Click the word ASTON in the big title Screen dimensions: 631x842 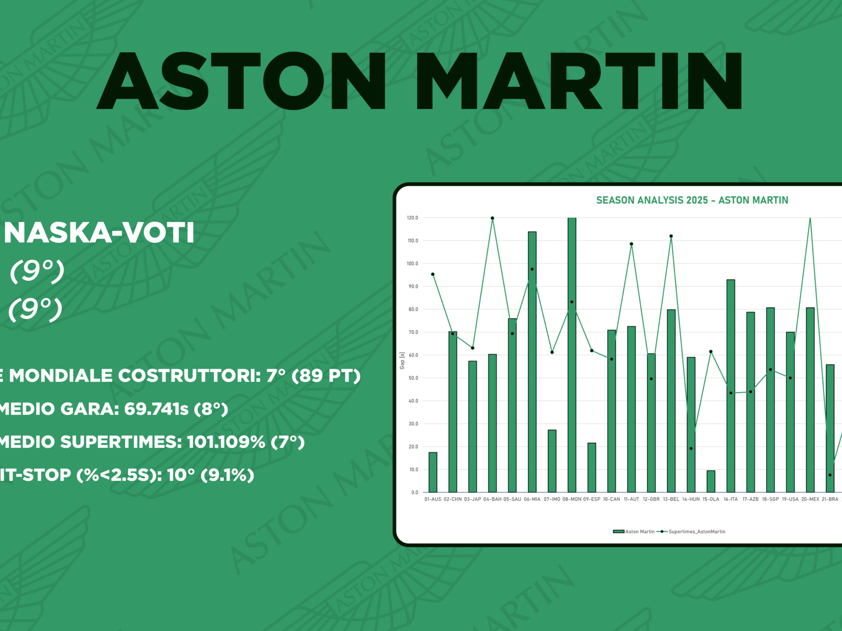[x=241, y=81]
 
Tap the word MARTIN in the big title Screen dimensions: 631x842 [x=579, y=81]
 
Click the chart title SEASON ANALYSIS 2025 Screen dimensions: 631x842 [x=652, y=200]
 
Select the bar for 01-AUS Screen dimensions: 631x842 [x=433, y=472]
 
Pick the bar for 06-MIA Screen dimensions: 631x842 [x=532, y=362]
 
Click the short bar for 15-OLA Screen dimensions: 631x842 [x=711, y=482]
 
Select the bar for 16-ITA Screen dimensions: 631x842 [x=731, y=386]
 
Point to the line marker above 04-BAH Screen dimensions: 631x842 [x=492, y=218]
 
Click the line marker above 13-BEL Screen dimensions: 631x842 [x=671, y=236]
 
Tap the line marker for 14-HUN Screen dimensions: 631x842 [x=691, y=448]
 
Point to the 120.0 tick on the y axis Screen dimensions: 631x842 [x=413, y=218]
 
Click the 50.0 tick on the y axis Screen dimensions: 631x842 [x=413, y=378]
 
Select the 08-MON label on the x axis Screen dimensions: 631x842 [x=572, y=499]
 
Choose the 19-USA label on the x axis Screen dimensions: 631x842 [x=790, y=499]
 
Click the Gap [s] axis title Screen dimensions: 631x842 [x=402, y=361]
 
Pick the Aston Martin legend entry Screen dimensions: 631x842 [x=634, y=532]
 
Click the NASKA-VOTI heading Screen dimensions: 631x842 [x=99, y=233]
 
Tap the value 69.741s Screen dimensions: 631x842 [x=156, y=409]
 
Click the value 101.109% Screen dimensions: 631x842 [x=225, y=442]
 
